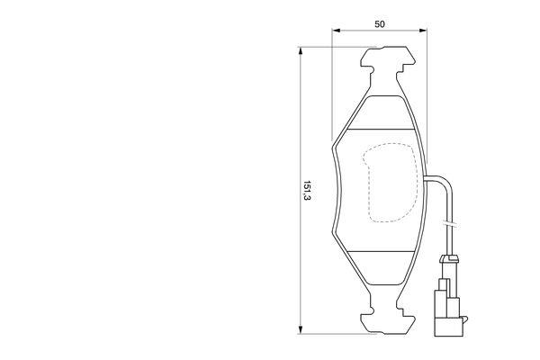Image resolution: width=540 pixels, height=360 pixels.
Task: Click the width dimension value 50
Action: point(380,24)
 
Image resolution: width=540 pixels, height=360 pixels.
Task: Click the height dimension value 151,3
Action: point(307,191)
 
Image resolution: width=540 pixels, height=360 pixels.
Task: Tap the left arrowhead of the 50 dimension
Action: point(336,31)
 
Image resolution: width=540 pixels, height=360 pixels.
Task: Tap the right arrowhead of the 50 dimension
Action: point(423,31)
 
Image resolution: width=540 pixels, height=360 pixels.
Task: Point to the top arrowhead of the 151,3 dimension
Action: point(301,51)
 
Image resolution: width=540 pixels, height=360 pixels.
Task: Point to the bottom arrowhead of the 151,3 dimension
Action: point(301,329)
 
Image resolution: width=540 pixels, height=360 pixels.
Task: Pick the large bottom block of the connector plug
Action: point(449,327)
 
